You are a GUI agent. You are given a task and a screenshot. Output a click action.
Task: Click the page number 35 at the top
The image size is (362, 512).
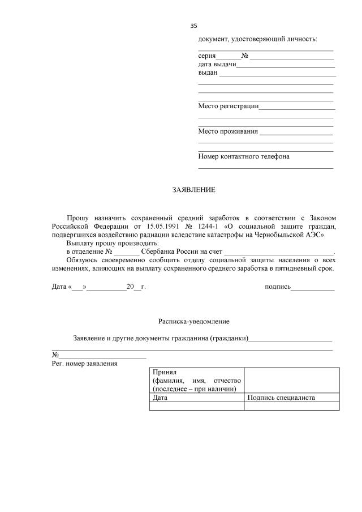point(193,26)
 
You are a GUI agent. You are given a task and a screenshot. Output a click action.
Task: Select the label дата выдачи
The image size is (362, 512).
point(217,65)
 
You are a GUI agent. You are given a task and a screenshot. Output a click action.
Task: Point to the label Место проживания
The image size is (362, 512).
point(227,131)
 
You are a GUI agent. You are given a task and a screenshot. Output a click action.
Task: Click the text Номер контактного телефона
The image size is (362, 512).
point(243,156)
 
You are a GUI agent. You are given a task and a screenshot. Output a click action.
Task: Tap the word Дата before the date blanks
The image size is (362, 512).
point(59,287)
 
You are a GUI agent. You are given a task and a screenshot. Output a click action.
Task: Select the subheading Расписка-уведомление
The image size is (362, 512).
point(193,321)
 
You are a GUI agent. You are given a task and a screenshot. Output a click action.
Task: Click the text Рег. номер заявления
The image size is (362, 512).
point(85,363)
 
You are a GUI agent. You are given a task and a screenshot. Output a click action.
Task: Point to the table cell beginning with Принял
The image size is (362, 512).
point(196,380)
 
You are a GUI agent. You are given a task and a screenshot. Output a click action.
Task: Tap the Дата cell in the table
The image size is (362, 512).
point(196,398)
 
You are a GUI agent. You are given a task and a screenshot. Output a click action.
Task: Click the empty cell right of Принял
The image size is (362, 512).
point(292,380)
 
